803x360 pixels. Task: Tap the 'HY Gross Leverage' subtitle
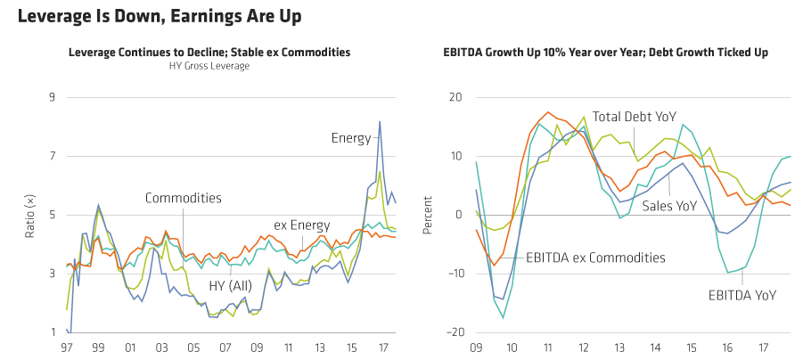[209, 66]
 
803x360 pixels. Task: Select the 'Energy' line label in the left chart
[351, 138]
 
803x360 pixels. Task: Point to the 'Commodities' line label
[184, 198]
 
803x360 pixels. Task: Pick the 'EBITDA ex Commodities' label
[595, 258]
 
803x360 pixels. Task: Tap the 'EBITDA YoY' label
[742, 294]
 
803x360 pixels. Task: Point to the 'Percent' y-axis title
[428, 215]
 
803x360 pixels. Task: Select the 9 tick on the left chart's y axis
[52, 97]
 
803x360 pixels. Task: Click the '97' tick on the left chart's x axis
[68, 347]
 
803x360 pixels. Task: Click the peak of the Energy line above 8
[380, 122]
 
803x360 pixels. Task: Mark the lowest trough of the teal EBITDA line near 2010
[504, 317]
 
